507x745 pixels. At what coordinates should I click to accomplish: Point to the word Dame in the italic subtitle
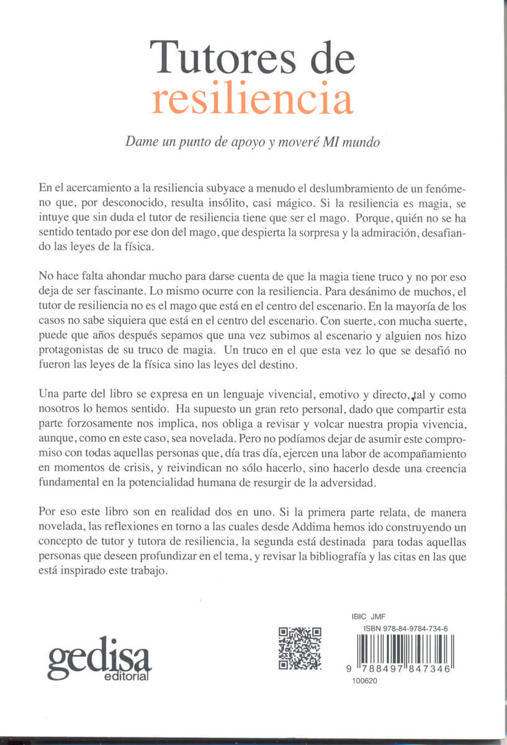pyautogui.click(x=140, y=142)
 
